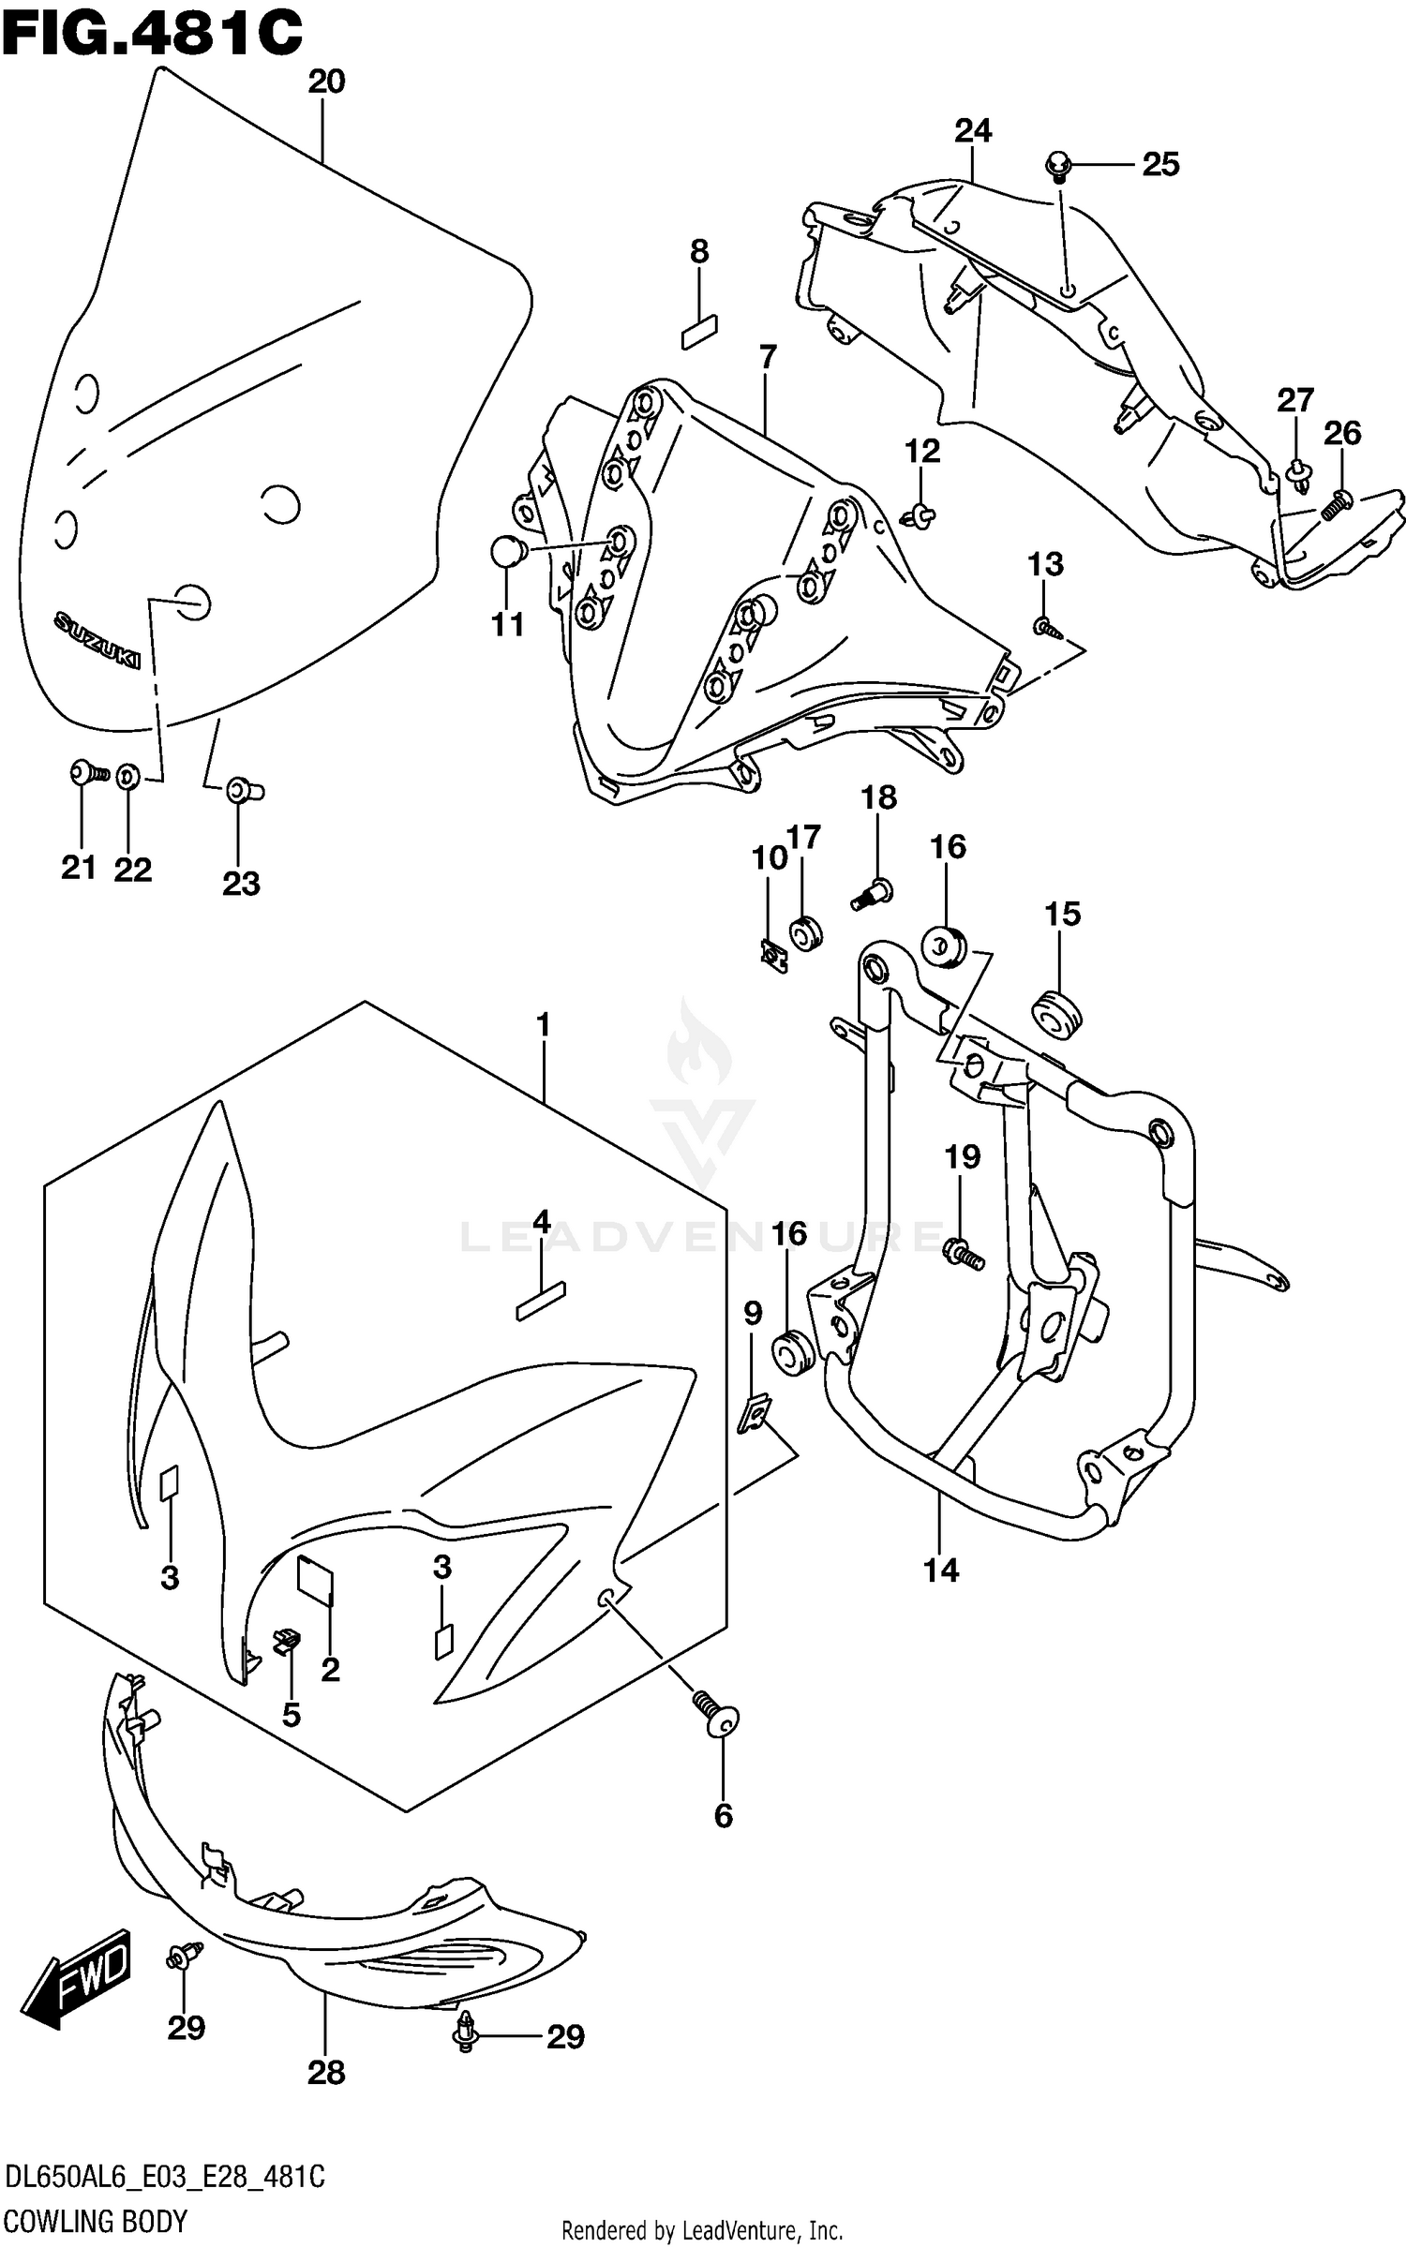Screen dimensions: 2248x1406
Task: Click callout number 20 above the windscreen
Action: (x=326, y=82)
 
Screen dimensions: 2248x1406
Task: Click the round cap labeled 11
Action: (x=507, y=552)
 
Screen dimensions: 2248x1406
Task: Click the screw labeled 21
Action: (x=87, y=773)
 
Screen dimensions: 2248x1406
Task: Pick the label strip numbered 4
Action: (x=541, y=1303)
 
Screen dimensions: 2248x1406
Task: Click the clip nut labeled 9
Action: (x=753, y=1413)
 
